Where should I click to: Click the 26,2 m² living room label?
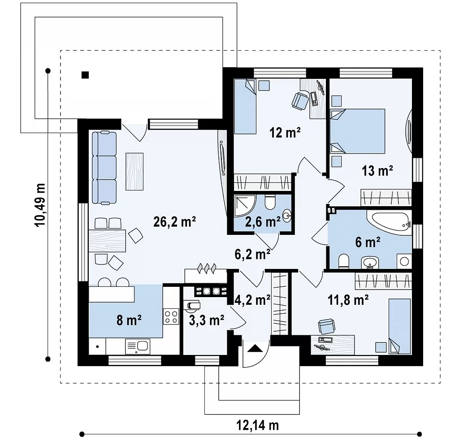click(x=174, y=222)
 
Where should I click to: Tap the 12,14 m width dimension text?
click(x=257, y=425)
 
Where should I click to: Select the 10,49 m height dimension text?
click(x=40, y=205)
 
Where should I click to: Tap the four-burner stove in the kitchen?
click(x=171, y=316)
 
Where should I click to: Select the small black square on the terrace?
click(x=85, y=75)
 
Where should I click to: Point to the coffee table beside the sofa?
click(x=134, y=172)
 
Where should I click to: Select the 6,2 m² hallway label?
click(x=252, y=254)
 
